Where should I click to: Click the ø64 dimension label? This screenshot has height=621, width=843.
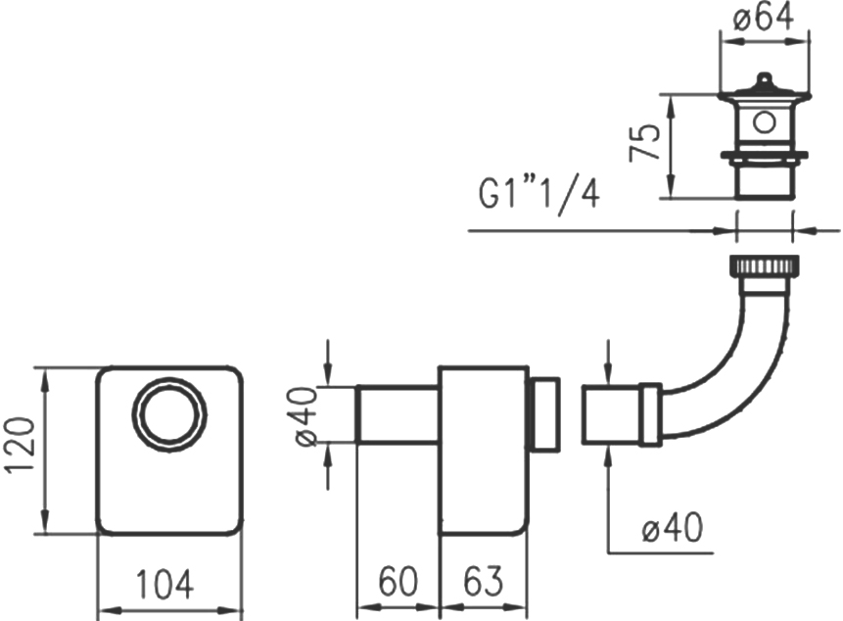[x=764, y=18]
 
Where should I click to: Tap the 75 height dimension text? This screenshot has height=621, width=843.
[x=644, y=142]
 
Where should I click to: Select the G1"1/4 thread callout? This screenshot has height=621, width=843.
[x=539, y=195]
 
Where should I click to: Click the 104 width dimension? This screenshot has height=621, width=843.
[x=164, y=585]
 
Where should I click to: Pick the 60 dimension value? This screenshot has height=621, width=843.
[x=398, y=581]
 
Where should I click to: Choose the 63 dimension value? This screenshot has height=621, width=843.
[x=484, y=581]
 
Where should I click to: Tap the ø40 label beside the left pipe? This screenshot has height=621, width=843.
[x=305, y=416]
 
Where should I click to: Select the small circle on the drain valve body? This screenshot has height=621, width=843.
[x=764, y=122]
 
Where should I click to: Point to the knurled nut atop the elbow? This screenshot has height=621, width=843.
[x=764, y=265]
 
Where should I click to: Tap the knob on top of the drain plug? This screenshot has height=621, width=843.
[x=764, y=80]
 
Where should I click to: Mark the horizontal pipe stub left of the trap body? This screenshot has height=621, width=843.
[x=398, y=414]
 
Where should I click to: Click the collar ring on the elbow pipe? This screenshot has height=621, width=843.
[x=650, y=414]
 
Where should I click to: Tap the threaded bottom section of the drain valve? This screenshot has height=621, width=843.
[x=764, y=179]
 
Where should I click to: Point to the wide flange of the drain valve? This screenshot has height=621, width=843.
[x=764, y=156]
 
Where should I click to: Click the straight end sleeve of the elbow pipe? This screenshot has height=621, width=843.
[x=611, y=414]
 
